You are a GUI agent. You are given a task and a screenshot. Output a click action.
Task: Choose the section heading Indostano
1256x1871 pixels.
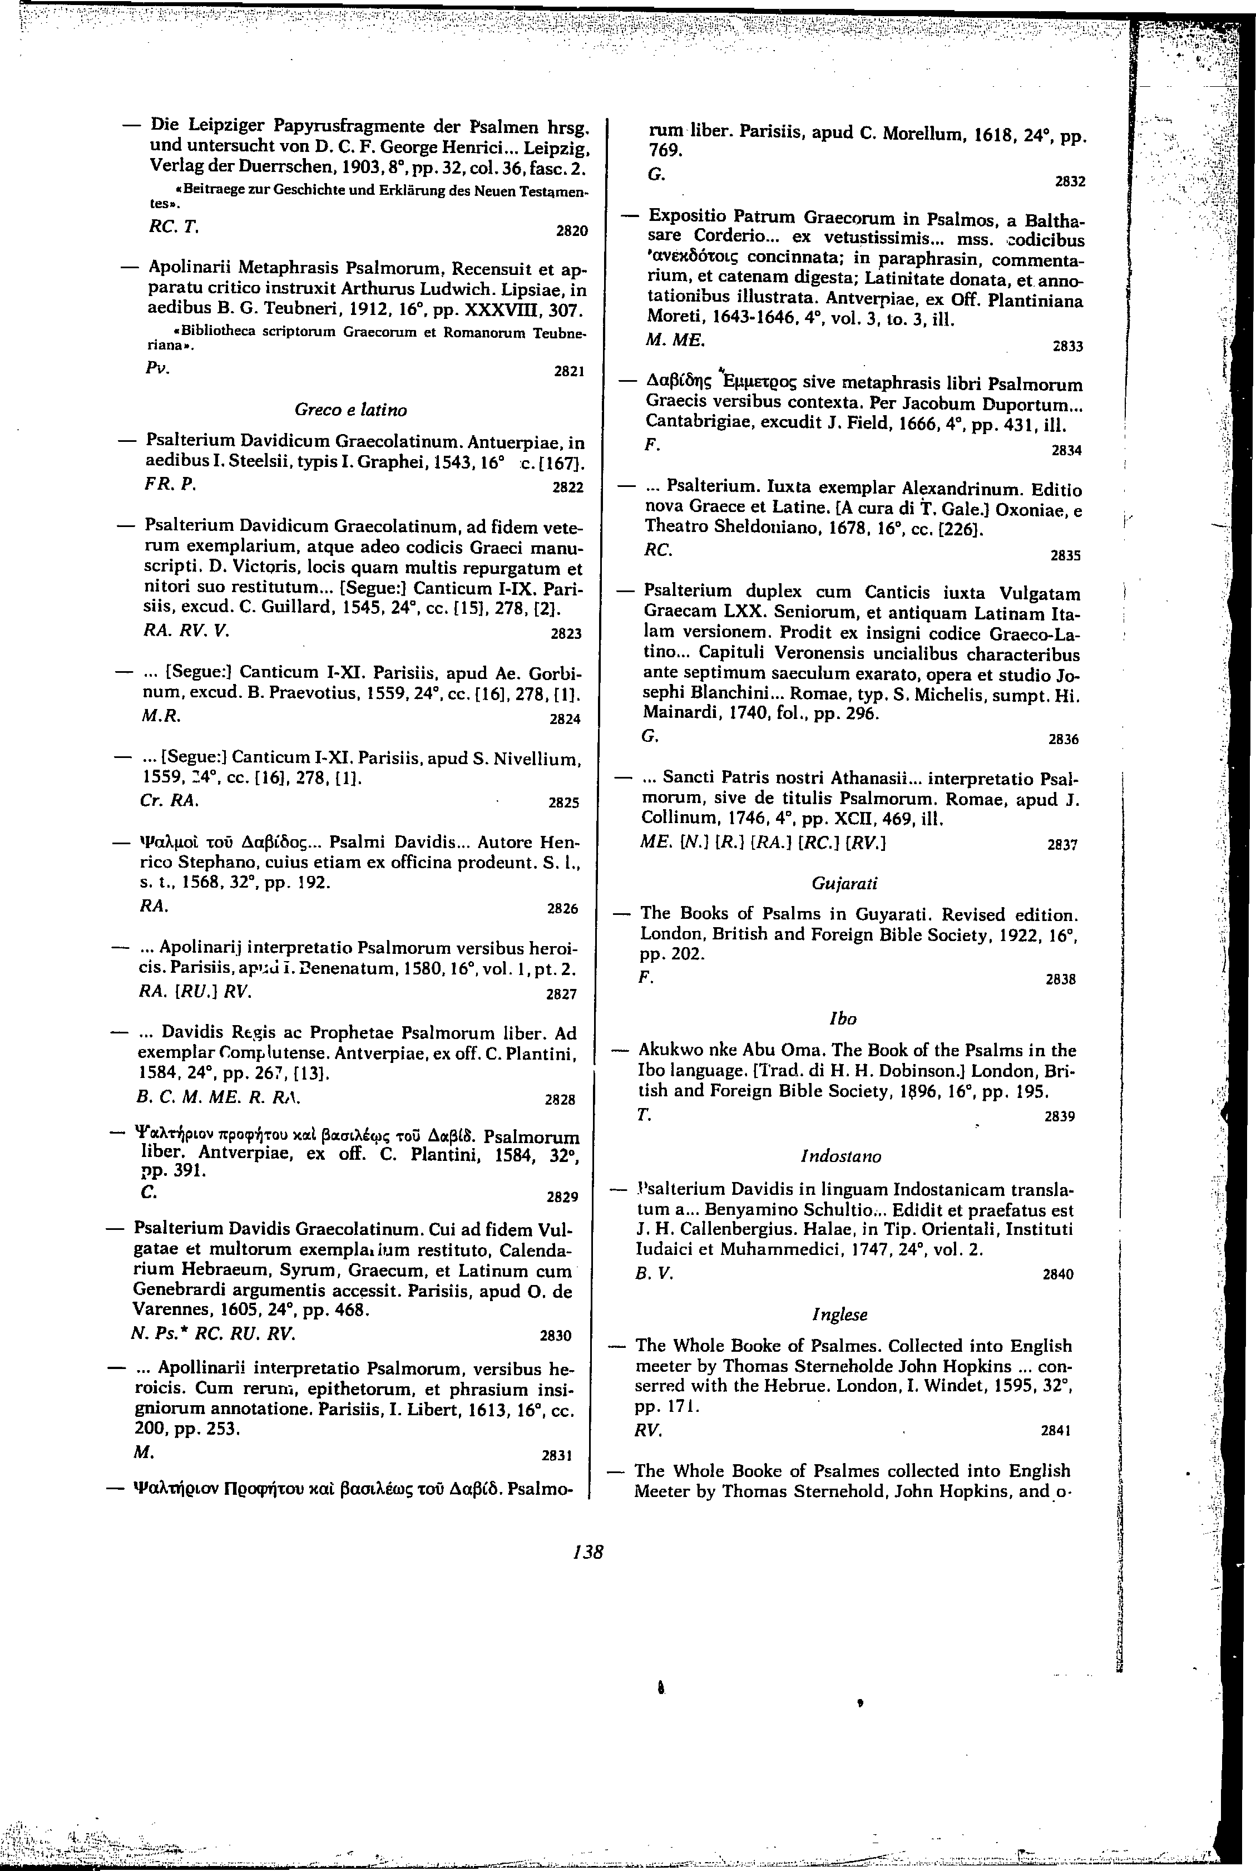pyautogui.click(x=840, y=1156)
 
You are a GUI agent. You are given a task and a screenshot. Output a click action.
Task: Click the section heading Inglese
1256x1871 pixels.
pyautogui.click(x=839, y=1315)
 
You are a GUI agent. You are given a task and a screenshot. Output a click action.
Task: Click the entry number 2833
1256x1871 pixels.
pyautogui.click(x=1067, y=347)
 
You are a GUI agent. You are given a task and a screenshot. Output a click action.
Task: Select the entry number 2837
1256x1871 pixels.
pyautogui.click(x=1063, y=844)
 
